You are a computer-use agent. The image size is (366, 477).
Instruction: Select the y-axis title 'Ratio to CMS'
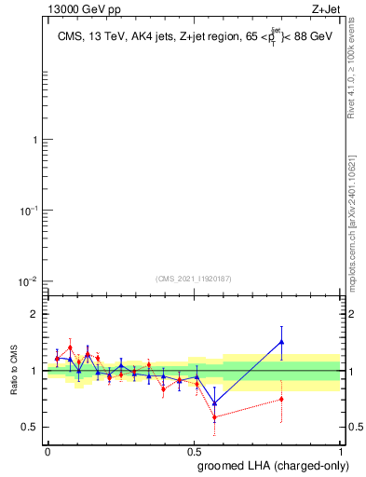(x=15, y=371)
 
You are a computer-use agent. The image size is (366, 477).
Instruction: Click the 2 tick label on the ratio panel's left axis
(x=34, y=315)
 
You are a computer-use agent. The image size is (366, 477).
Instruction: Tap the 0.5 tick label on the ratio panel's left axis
(x=30, y=428)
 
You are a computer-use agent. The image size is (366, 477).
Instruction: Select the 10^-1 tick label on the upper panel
(x=28, y=211)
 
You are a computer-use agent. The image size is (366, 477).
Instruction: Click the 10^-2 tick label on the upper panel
(x=28, y=282)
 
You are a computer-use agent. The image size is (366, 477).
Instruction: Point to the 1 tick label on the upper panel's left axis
(x=34, y=141)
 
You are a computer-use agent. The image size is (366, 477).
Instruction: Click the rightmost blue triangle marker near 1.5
(x=281, y=342)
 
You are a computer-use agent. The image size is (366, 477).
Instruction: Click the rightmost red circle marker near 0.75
(x=281, y=399)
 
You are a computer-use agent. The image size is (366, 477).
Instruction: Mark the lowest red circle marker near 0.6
(x=215, y=416)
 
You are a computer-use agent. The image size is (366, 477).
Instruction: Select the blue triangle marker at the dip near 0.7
(x=215, y=403)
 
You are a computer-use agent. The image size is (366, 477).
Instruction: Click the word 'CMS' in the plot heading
(x=68, y=37)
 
